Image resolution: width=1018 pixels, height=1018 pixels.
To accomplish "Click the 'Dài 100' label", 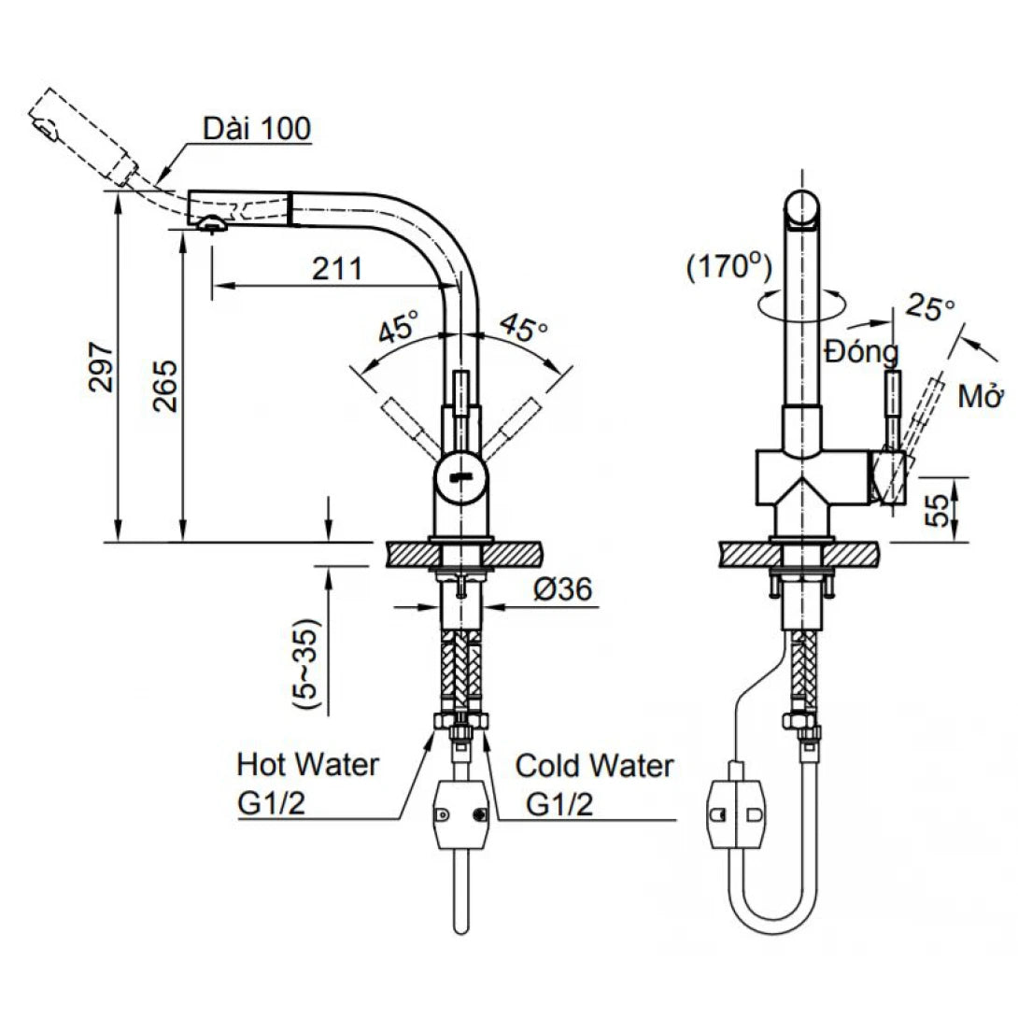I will tap(258, 128).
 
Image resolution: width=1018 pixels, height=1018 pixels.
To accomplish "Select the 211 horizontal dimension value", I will tap(337, 269).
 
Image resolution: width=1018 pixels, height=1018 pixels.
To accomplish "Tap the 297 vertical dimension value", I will tap(102, 366).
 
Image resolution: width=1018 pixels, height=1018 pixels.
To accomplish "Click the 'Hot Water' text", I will tap(308, 764).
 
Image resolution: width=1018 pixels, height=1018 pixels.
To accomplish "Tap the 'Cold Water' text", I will tap(595, 767).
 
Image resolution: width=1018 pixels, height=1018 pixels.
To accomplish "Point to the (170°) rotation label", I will tap(728, 269).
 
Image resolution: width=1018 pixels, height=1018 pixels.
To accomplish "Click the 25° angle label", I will tap(930, 308).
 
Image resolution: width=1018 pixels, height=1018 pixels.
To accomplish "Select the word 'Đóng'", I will tap(861, 353).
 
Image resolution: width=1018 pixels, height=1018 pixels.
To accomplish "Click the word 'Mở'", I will tap(980, 397).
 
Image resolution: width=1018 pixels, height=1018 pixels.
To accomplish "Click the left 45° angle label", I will tap(398, 330).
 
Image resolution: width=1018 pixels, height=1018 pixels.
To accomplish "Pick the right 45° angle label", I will tap(524, 328).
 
